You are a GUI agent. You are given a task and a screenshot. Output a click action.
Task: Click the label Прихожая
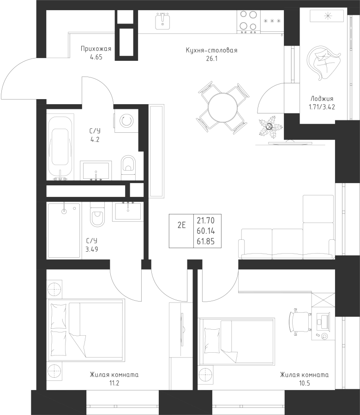(x=96, y=49)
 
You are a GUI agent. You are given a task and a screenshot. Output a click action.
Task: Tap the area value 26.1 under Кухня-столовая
(x=211, y=59)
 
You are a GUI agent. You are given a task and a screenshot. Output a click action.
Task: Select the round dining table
(x=222, y=107)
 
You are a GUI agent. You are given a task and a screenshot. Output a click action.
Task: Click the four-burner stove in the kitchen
(x=248, y=22)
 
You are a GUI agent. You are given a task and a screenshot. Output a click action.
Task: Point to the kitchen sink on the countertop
(x=162, y=21)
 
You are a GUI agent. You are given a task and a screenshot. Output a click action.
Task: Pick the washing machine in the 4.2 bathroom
(x=126, y=121)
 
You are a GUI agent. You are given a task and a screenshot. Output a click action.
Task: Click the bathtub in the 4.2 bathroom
(x=60, y=147)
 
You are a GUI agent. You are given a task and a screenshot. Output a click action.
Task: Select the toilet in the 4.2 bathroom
(x=128, y=168)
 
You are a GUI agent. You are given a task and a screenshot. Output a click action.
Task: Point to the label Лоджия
(x=322, y=99)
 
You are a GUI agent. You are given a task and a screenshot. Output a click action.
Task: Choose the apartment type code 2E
(x=181, y=225)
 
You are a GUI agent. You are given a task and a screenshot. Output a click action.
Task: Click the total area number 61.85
(x=205, y=241)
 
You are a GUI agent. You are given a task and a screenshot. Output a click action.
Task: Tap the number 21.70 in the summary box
(x=205, y=220)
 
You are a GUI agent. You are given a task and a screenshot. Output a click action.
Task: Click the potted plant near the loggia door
(x=270, y=128)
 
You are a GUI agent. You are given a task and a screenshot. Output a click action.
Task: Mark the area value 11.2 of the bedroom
(x=114, y=383)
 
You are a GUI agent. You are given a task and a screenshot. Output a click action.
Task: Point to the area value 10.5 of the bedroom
(x=304, y=383)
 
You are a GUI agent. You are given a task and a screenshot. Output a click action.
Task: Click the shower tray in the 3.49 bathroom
(x=64, y=230)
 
